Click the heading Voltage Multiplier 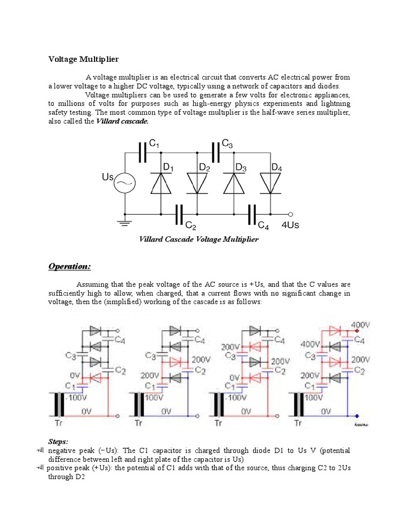(x=84, y=59)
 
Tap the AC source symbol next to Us (x=125, y=182)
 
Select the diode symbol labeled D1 (x=161, y=183)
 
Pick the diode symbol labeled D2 (x=197, y=183)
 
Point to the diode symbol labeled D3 (x=234, y=183)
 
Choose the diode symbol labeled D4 (x=270, y=183)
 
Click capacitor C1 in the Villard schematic (x=143, y=152)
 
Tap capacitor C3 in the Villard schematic (x=216, y=152)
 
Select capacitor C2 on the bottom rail (x=180, y=214)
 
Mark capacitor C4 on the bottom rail (x=252, y=214)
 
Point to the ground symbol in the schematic (x=125, y=222)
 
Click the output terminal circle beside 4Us (x=290, y=214)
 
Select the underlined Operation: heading (x=70, y=267)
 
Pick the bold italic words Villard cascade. (x=123, y=121)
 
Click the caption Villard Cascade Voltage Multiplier (x=198, y=240)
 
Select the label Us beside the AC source (x=108, y=178)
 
